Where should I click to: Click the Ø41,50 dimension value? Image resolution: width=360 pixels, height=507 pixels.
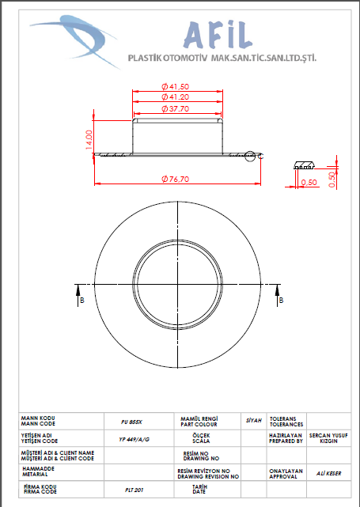click(x=176, y=87)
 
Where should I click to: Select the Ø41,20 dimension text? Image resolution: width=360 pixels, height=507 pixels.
click(x=176, y=96)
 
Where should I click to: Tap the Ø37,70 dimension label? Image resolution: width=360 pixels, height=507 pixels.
click(x=176, y=108)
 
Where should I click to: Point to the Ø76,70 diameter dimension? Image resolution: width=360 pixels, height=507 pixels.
click(x=176, y=179)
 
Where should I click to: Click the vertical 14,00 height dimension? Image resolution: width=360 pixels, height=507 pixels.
click(x=89, y=140)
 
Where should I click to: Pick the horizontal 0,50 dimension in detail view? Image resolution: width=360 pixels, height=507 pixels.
click(x=309, y=183)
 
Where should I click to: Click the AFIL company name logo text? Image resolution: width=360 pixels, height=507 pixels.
click(x=218, y=35)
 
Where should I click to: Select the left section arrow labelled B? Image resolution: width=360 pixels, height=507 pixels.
click(x=78, y=295)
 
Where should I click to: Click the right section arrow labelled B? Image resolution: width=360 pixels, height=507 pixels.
click(x=277, y=295)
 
